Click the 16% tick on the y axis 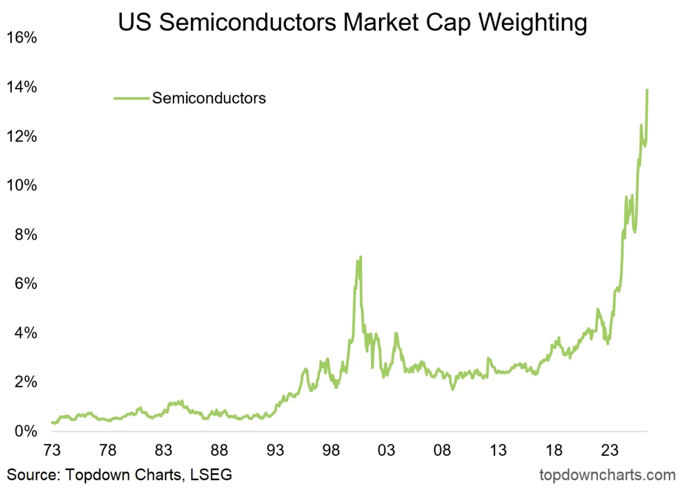coord(21,38)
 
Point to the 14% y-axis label coord(21,87)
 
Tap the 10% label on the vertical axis coord(21,185)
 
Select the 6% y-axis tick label coord(26,284)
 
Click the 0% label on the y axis coord(26,431)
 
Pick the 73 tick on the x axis coord(52,450)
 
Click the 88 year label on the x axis coord(219,450)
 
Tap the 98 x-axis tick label coord(331,450)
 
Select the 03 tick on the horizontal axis coord(386,450)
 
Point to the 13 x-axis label coord(498,450)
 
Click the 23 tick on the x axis coord(610,450)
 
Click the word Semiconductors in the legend coord(209,98)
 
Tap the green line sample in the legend coord(131,98)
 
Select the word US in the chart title coord(135,22)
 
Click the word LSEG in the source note coord(211,475)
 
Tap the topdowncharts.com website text coord(607,475)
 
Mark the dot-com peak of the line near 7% coord(361,257)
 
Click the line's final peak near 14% coord(647,90)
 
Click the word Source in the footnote coord(33,475)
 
